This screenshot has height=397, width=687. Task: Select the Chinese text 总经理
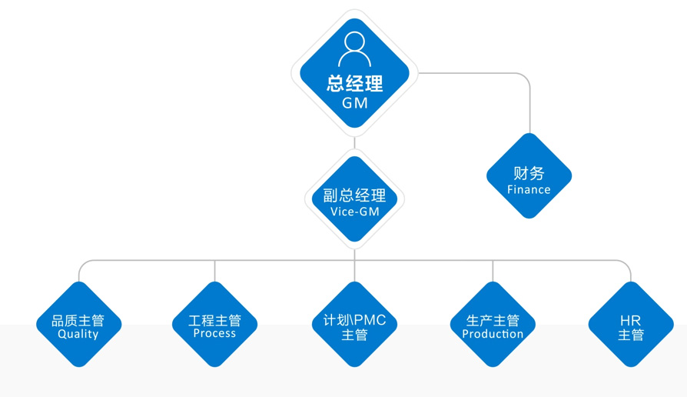click(x=354, y=83)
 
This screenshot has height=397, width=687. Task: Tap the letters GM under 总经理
click(x=354, y=103)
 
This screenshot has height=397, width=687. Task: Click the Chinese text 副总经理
click(x=354, y=196)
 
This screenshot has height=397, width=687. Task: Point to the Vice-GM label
click(x=354, y=212)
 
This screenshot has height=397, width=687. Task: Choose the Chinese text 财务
click(x=529, y=173)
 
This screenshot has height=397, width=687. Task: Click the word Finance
click(x=529, y=189)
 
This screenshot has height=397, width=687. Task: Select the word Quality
click(x=78, y=335)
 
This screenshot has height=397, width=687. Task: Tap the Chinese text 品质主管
click(x=78, y=320)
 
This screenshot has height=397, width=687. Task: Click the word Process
click(x=214, y=334)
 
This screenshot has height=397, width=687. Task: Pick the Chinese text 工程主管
click(x=214, y=320)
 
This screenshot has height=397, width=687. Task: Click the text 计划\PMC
click(x=354, y=320)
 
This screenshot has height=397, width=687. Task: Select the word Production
click(x=493, y=334)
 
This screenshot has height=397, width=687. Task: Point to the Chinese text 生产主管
click(x=493, y=320)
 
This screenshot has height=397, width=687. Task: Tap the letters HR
click(x=630, y=320)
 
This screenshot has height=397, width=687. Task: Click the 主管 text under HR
click(x=630, y=335)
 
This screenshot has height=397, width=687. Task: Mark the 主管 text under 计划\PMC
click(x=354, y=335)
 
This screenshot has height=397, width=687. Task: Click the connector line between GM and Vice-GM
click(x=354, y=144)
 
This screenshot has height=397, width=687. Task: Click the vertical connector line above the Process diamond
click(x=214, y=271)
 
